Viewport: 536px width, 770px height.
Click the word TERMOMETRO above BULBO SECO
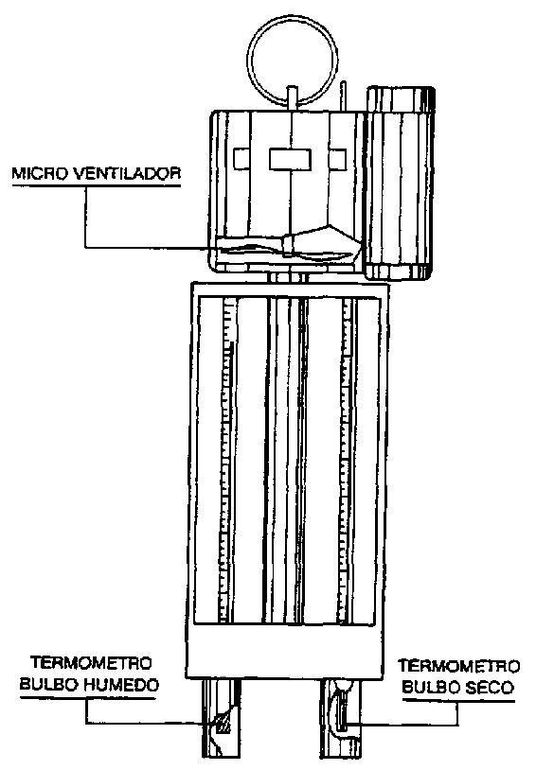point(458,666)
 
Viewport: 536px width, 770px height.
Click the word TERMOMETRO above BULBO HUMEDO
point(92,663)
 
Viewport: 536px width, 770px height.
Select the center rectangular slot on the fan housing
point(290,160)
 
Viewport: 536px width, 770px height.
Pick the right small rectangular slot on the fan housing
point(337,158)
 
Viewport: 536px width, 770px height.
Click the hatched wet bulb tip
point(223,724)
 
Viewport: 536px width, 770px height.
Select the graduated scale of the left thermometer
point(226,460)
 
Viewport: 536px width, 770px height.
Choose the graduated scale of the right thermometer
point(346,460)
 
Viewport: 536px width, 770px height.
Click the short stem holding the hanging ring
point(292,98)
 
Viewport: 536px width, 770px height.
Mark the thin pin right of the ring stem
point(344,96)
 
